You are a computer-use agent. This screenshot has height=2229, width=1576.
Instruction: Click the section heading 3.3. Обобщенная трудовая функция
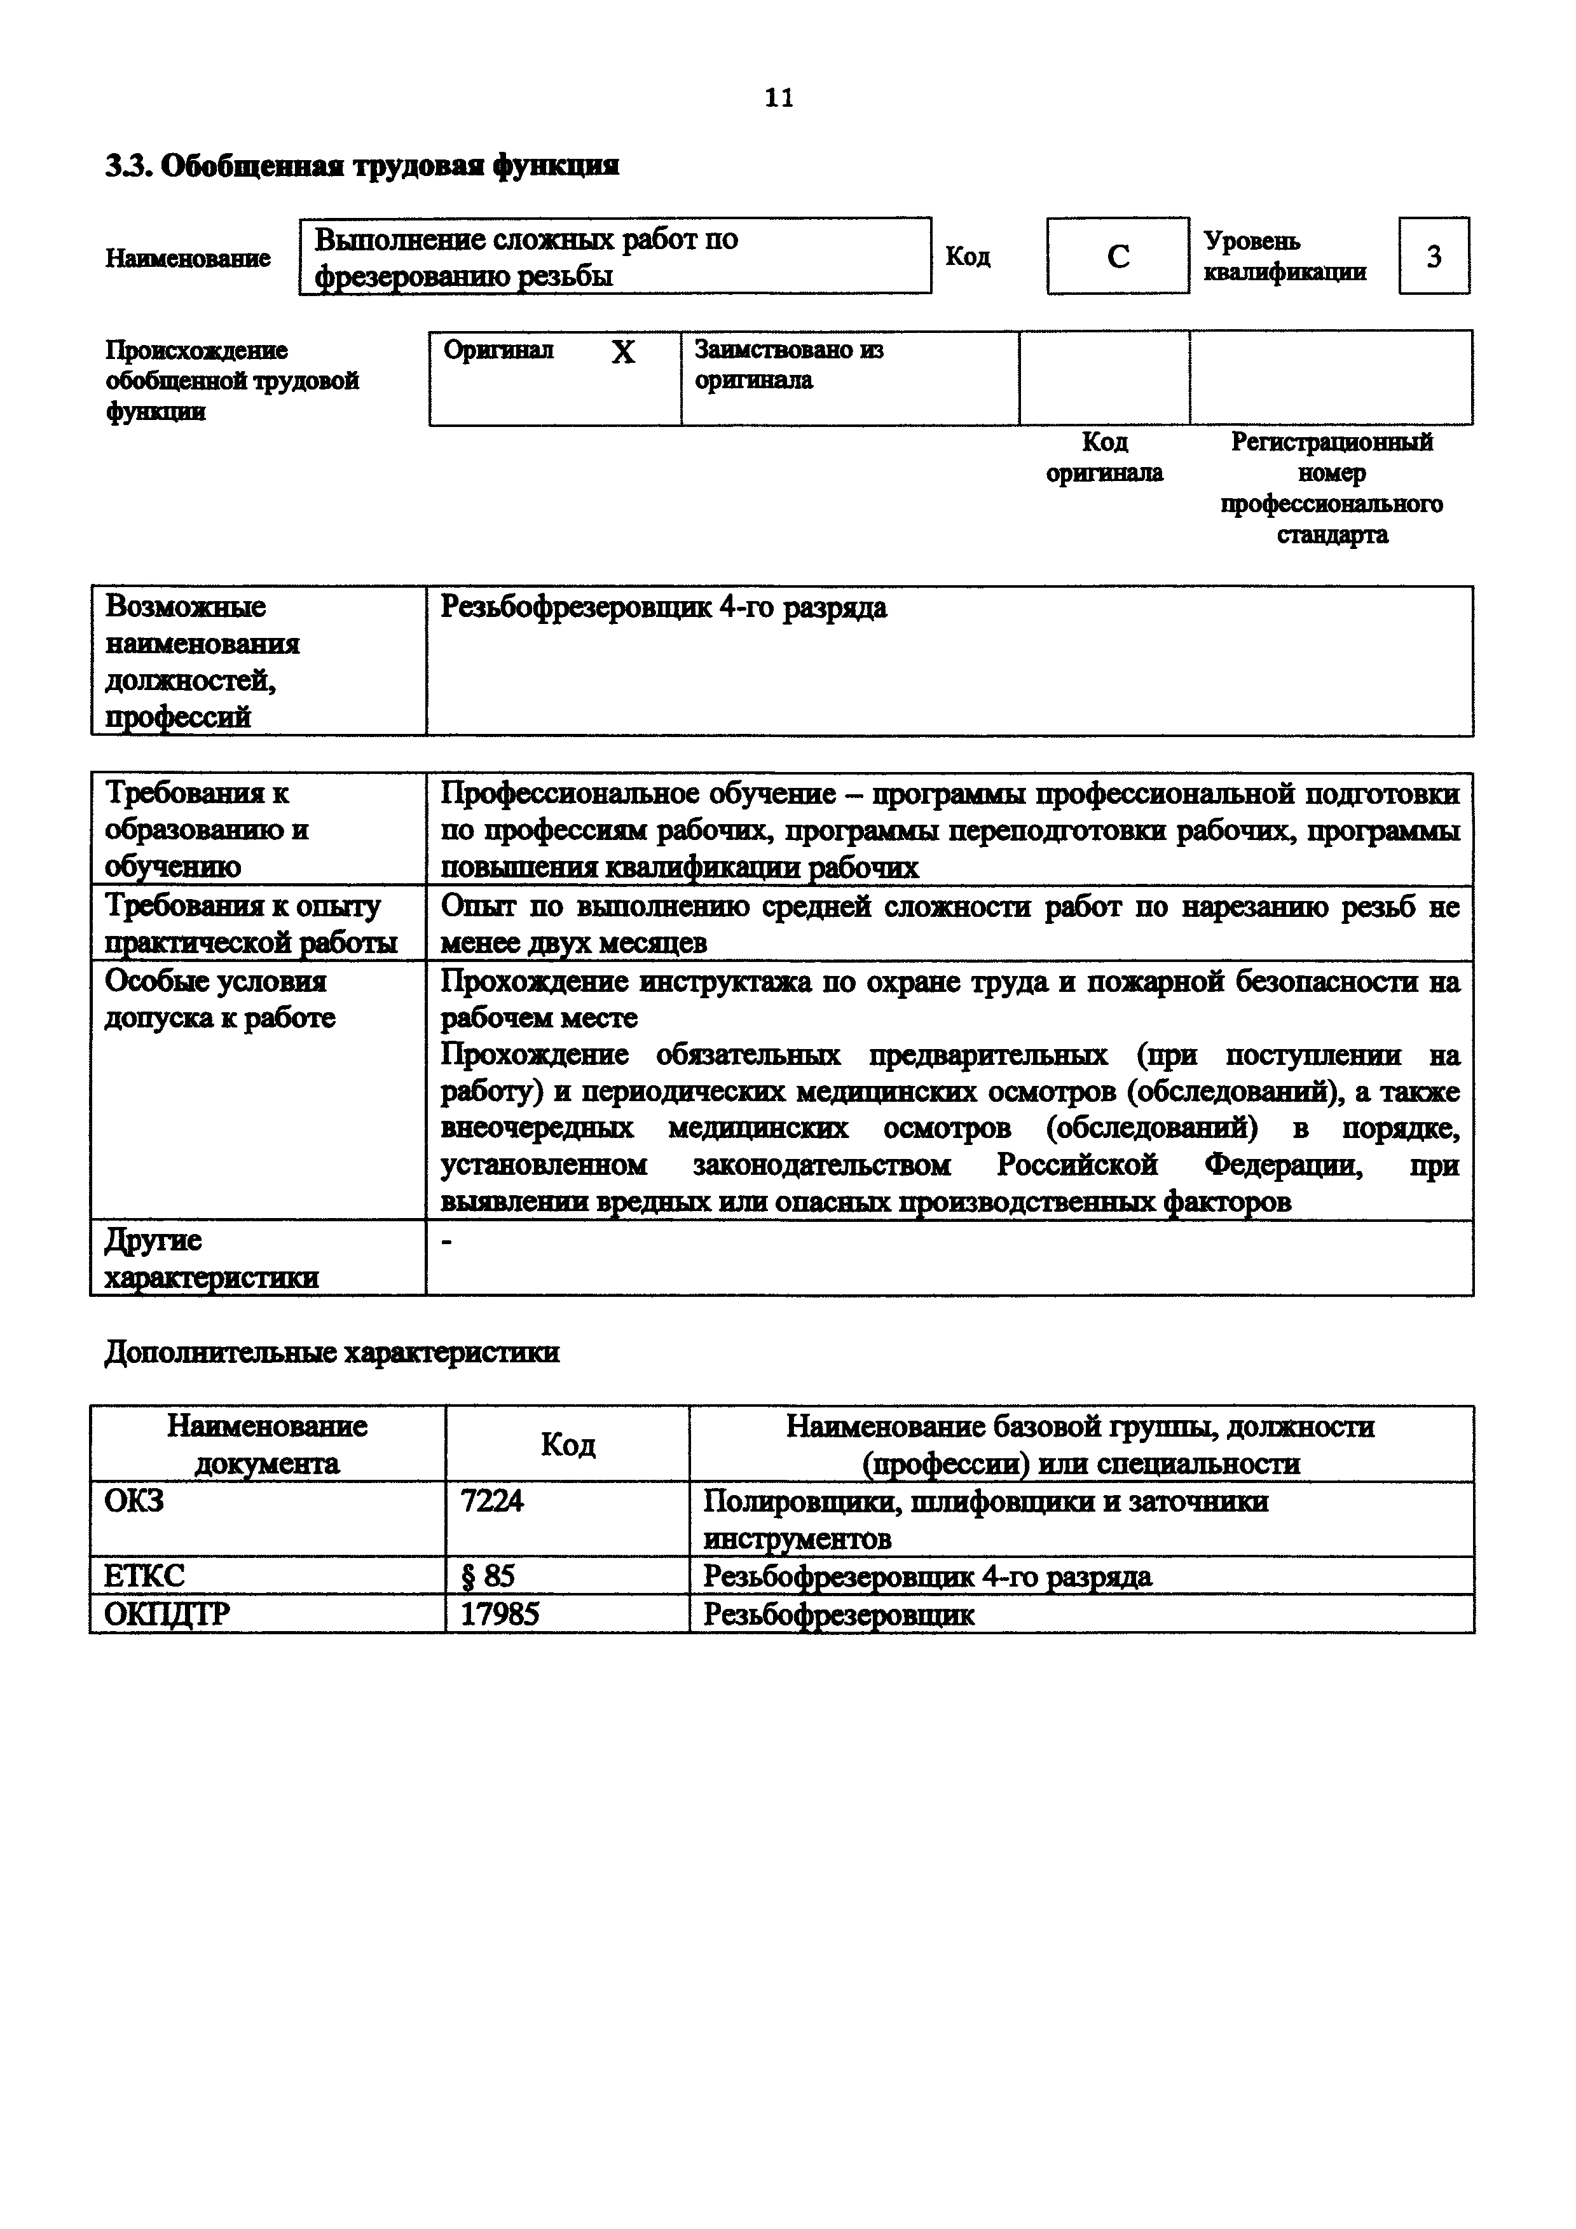point(361,166)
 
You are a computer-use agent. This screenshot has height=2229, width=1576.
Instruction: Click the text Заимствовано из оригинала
point(788,365)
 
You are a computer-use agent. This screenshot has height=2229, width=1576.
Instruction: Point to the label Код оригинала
point(1104,457)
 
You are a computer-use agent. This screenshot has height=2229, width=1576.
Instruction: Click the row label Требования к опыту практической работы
point(250,923)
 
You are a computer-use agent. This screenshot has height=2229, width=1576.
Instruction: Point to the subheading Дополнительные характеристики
point(332,1352)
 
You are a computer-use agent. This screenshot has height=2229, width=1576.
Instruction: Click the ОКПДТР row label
point(167,1613)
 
